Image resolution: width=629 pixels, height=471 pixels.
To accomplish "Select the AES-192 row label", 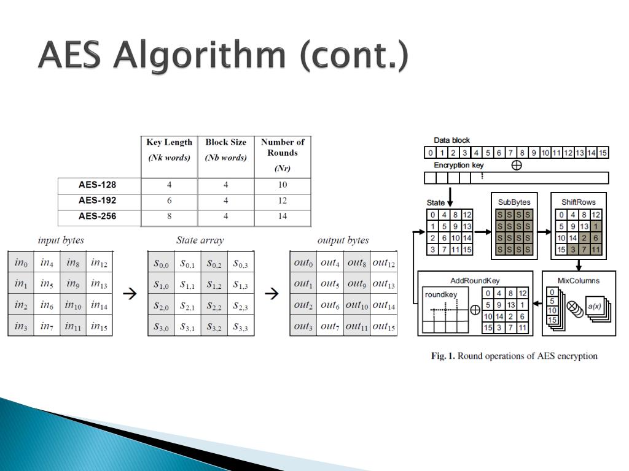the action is [x=97, y=200].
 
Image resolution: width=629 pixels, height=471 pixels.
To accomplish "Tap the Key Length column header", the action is [x=169, y=142].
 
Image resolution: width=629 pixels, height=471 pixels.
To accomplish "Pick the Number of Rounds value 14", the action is [x=282, y=216].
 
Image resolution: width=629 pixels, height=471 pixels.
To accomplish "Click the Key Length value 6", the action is [x=169, y=201].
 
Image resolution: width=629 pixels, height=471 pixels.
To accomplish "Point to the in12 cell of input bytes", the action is [x=99, y=263].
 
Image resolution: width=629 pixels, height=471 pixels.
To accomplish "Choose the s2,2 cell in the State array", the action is [x=214, y=305].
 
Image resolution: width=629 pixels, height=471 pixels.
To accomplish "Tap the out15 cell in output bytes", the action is [x=383, y=326].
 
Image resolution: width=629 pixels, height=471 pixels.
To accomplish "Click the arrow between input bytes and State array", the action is [x=130, y=294].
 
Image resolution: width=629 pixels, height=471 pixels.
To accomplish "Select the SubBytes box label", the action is [x=514, y=202].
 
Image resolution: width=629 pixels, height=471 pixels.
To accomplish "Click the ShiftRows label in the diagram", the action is [x=578, y=202].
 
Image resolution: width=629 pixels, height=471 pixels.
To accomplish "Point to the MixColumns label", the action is [x=578, y=280].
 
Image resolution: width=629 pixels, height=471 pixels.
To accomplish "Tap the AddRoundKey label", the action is [x=475, y=280].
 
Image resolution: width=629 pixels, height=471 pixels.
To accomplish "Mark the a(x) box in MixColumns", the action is [x=594, y=306].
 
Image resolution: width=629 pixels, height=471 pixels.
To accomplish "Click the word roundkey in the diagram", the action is [x=441, y=294].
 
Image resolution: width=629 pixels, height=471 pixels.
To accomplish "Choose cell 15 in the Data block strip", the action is [x=603, y=153].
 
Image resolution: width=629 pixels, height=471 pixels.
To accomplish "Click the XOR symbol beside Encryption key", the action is [x=517, y=165].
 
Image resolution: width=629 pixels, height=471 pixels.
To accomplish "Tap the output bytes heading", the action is [x=343, y=240].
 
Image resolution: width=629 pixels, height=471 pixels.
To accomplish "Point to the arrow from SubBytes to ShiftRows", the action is [x=544, y=232].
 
